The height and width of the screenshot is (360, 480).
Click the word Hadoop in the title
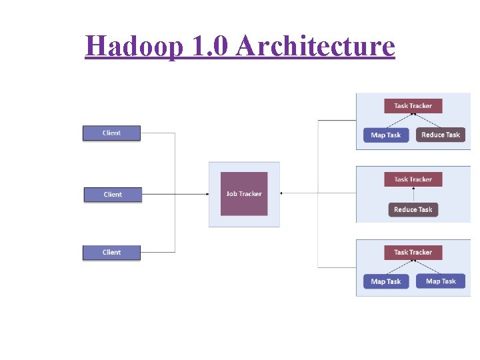pos(133,46)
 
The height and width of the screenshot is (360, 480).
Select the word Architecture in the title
pos(315,46)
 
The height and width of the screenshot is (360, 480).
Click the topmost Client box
pos(111,133)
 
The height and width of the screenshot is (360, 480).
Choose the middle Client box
pos(113,194)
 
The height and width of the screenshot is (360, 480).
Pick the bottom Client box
pos(111,252)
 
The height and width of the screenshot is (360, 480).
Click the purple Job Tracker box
pos(244,193)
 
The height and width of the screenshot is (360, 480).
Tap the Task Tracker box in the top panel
pos(413,105)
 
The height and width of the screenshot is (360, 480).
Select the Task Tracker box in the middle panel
pos(413,179)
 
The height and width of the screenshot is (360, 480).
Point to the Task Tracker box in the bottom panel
pos(413,252)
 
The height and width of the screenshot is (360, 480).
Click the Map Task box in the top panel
pos(385,135)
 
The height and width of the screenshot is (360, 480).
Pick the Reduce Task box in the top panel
pos(441,135)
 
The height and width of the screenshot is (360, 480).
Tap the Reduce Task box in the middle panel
pos(413,209)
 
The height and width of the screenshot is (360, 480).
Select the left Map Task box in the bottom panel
pos(385,281)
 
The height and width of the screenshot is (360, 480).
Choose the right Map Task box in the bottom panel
pos(441,281)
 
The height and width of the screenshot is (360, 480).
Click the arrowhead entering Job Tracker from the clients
pos(206,194)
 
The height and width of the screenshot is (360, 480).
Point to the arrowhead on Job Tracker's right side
pos(282,193)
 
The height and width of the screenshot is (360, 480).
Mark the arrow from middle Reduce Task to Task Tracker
pos(413,194)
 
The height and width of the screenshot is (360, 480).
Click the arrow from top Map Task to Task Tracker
pos(399,120)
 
